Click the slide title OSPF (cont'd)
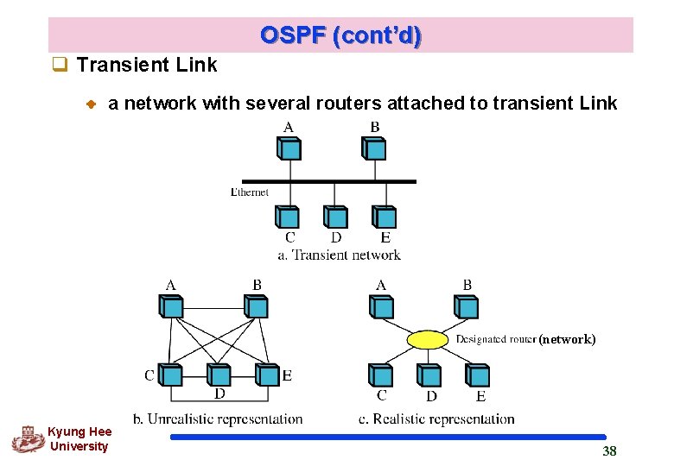pos(340,35)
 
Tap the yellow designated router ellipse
pos(429,339)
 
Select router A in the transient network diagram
pos(289,148)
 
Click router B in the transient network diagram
pos(374,148)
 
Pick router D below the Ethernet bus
pos(335,217)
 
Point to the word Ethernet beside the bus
pos(250,192)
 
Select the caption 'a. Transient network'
pos(339,255)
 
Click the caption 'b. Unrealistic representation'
pos(218,419)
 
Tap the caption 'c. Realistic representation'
pos(436,419)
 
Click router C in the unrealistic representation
pos(171,375)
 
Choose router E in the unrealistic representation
pos(267,375)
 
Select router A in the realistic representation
pos(381,306)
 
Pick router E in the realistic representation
pos(477,375)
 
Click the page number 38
pos(609,451)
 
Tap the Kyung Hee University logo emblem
pos(27,439)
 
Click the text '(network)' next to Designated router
pos(567,339)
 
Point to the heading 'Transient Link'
pos(147,65)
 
